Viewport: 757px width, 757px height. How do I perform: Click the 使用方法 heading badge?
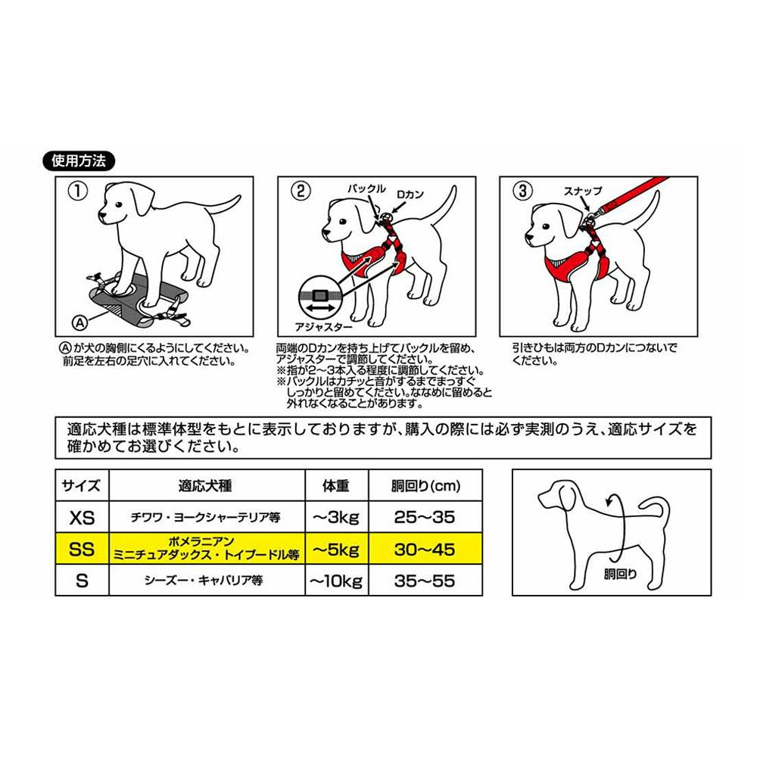coord(79,160)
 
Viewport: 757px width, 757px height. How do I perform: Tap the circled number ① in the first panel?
coord(78,192)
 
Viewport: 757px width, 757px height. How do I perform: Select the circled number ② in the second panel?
coord(301,192)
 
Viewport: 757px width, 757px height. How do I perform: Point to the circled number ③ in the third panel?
coord(522,192)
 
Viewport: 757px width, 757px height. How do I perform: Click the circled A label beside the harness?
coord(80,322)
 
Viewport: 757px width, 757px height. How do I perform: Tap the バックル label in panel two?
coord(366,188)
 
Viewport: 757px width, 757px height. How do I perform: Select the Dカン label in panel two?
coord(410,195)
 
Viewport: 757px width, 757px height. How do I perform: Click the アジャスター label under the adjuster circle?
coord(323,327)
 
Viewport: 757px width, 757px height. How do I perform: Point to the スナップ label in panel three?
coord(583,192)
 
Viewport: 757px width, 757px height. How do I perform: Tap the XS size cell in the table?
coord(82,517)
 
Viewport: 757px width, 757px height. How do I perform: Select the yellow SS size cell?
coord(82,549)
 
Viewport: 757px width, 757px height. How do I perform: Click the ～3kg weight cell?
coord(337,517)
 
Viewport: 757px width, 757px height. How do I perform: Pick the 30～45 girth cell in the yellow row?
coord(425,549)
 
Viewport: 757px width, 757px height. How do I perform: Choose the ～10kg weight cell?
coord(337,581)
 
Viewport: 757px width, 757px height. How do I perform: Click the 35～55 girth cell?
coord(425,581)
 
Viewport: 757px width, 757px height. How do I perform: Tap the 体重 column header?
coord(336,486)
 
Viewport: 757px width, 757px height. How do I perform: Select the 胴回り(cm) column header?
coord(425,486)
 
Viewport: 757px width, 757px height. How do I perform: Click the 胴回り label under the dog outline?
coord(620,574)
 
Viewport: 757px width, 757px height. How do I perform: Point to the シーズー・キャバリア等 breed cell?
coord(203,581)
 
